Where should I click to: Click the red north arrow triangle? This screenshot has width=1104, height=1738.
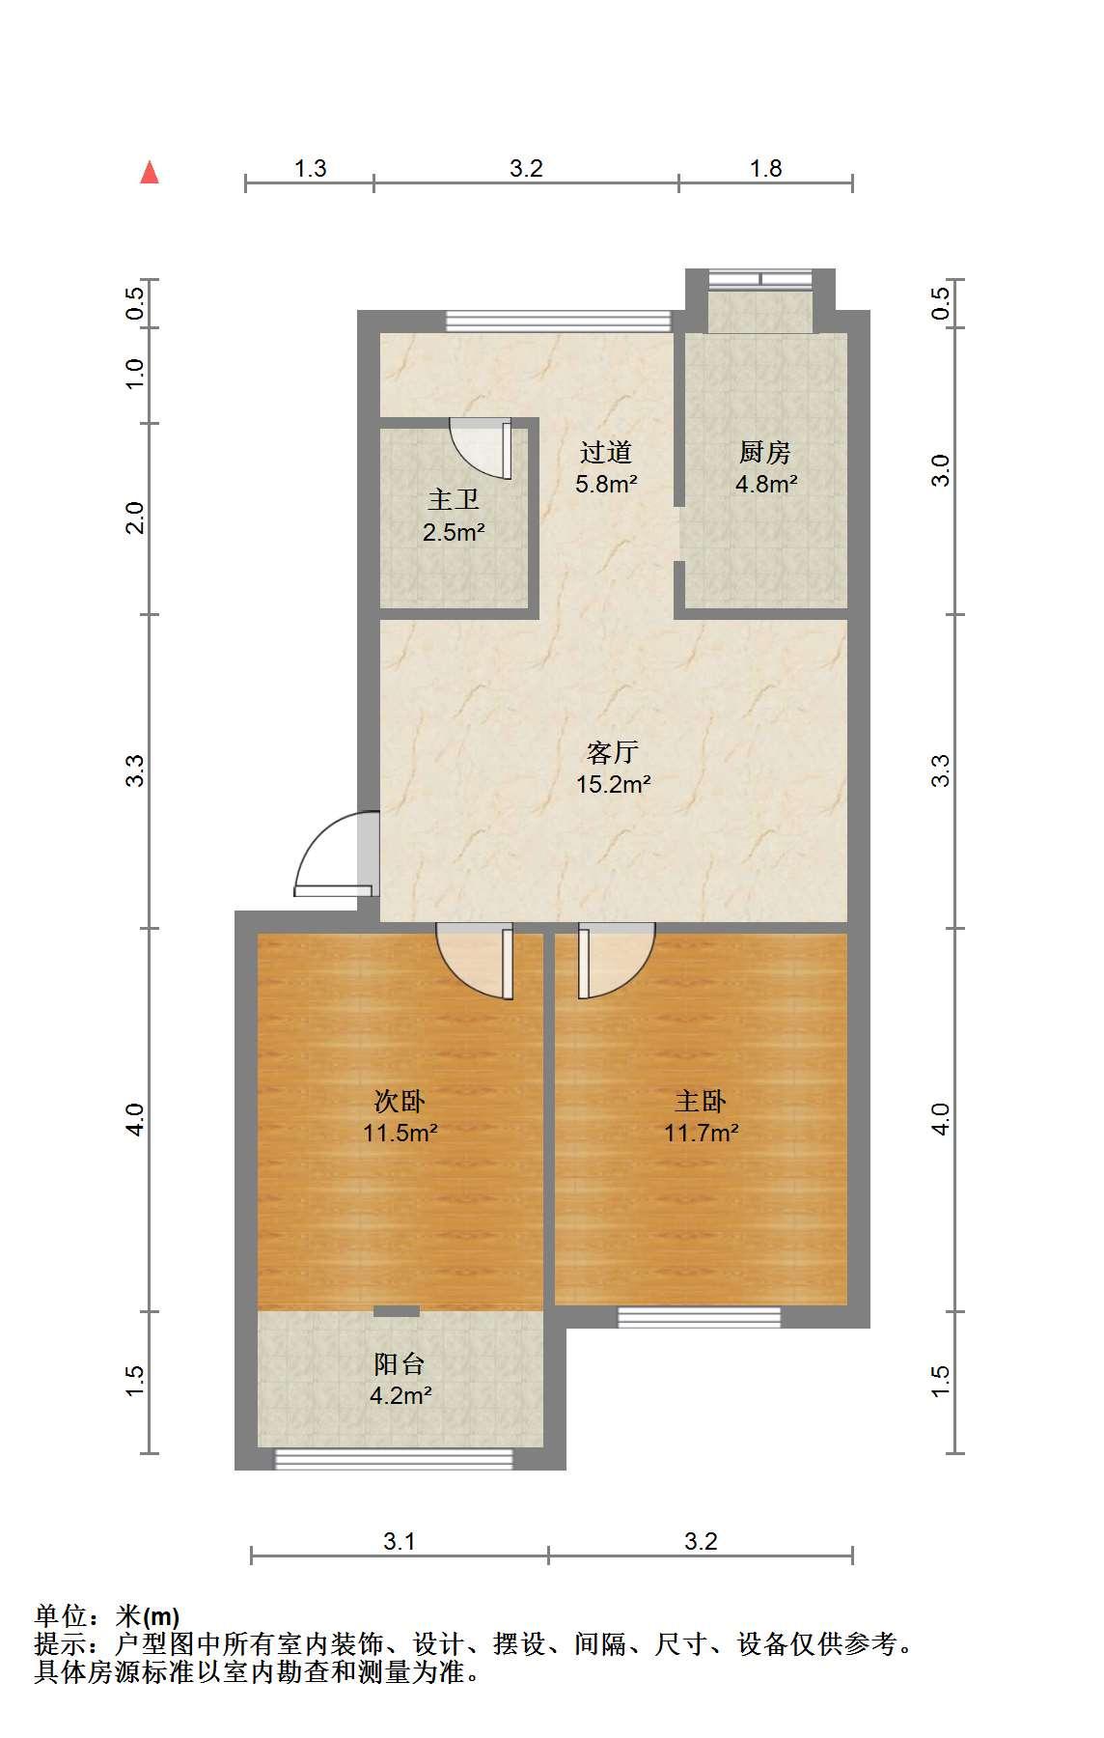[x=150, y=172]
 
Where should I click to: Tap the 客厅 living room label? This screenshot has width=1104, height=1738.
[x=614, y=751]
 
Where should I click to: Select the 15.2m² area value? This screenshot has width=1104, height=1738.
[x=614, y=784]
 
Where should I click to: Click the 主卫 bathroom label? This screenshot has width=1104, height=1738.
[x=454, y=499]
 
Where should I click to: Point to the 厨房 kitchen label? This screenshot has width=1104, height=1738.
[x=765, y=451]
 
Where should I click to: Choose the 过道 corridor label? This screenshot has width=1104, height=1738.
[x=606, y=451]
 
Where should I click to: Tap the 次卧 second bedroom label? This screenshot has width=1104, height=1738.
[x=400, y=1100]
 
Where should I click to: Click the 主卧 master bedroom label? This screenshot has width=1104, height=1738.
[x=701, y=1100]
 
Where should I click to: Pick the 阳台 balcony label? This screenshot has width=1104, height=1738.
[x=400, y=1363]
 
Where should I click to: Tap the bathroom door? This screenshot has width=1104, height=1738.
[x=482, y=448]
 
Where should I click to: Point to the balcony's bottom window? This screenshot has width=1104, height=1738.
[x=394, y=1459]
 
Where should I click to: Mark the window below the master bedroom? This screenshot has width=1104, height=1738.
[x=700, y=1317]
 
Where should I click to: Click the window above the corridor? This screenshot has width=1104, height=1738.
[x=558, y=321]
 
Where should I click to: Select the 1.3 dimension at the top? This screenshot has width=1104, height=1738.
[x=310, y=168]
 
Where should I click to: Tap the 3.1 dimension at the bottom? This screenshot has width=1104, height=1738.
[x=400, y=1541]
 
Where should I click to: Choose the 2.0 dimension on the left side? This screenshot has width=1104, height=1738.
[x=136, y=518]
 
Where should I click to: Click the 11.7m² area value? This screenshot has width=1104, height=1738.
[x=702, y=1133]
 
